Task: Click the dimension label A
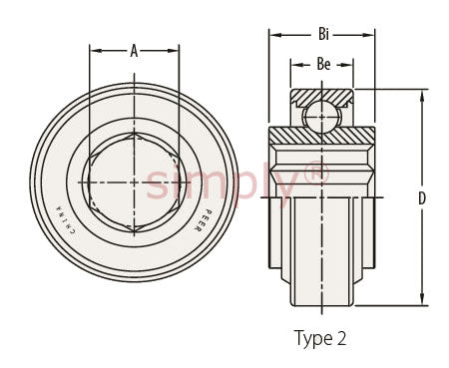134,51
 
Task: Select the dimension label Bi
323,34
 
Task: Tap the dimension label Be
323,64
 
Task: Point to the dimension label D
422,198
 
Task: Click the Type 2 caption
320,339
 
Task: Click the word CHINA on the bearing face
66,219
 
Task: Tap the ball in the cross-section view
321,117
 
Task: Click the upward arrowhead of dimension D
422,97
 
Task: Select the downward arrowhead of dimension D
422,298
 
